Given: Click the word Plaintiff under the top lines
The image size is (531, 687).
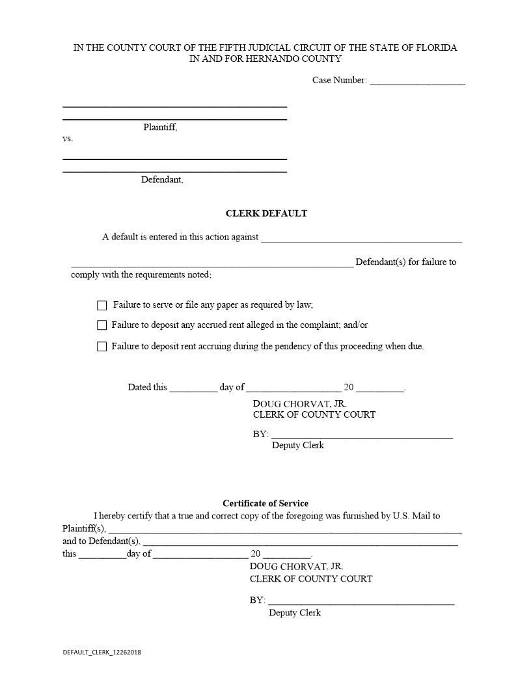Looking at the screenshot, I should [160, 128].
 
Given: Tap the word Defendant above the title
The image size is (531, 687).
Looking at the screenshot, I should [162, 180].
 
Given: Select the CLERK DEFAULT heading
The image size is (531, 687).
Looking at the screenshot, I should [266, 213].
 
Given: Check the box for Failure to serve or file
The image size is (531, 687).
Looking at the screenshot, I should [102, 305].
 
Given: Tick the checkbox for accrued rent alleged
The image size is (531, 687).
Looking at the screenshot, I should [102, 325].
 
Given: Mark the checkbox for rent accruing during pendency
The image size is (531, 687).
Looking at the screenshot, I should [102, 347].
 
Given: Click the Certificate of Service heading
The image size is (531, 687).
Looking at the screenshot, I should [265, 504].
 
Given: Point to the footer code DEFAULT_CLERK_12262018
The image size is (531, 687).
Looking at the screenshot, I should [102, 652].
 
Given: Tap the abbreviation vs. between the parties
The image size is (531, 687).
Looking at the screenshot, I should [68, 139].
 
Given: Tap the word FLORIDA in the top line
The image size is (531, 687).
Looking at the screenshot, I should [433, 47].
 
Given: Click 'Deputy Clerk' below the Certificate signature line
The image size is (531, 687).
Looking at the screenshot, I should [295, 613].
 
